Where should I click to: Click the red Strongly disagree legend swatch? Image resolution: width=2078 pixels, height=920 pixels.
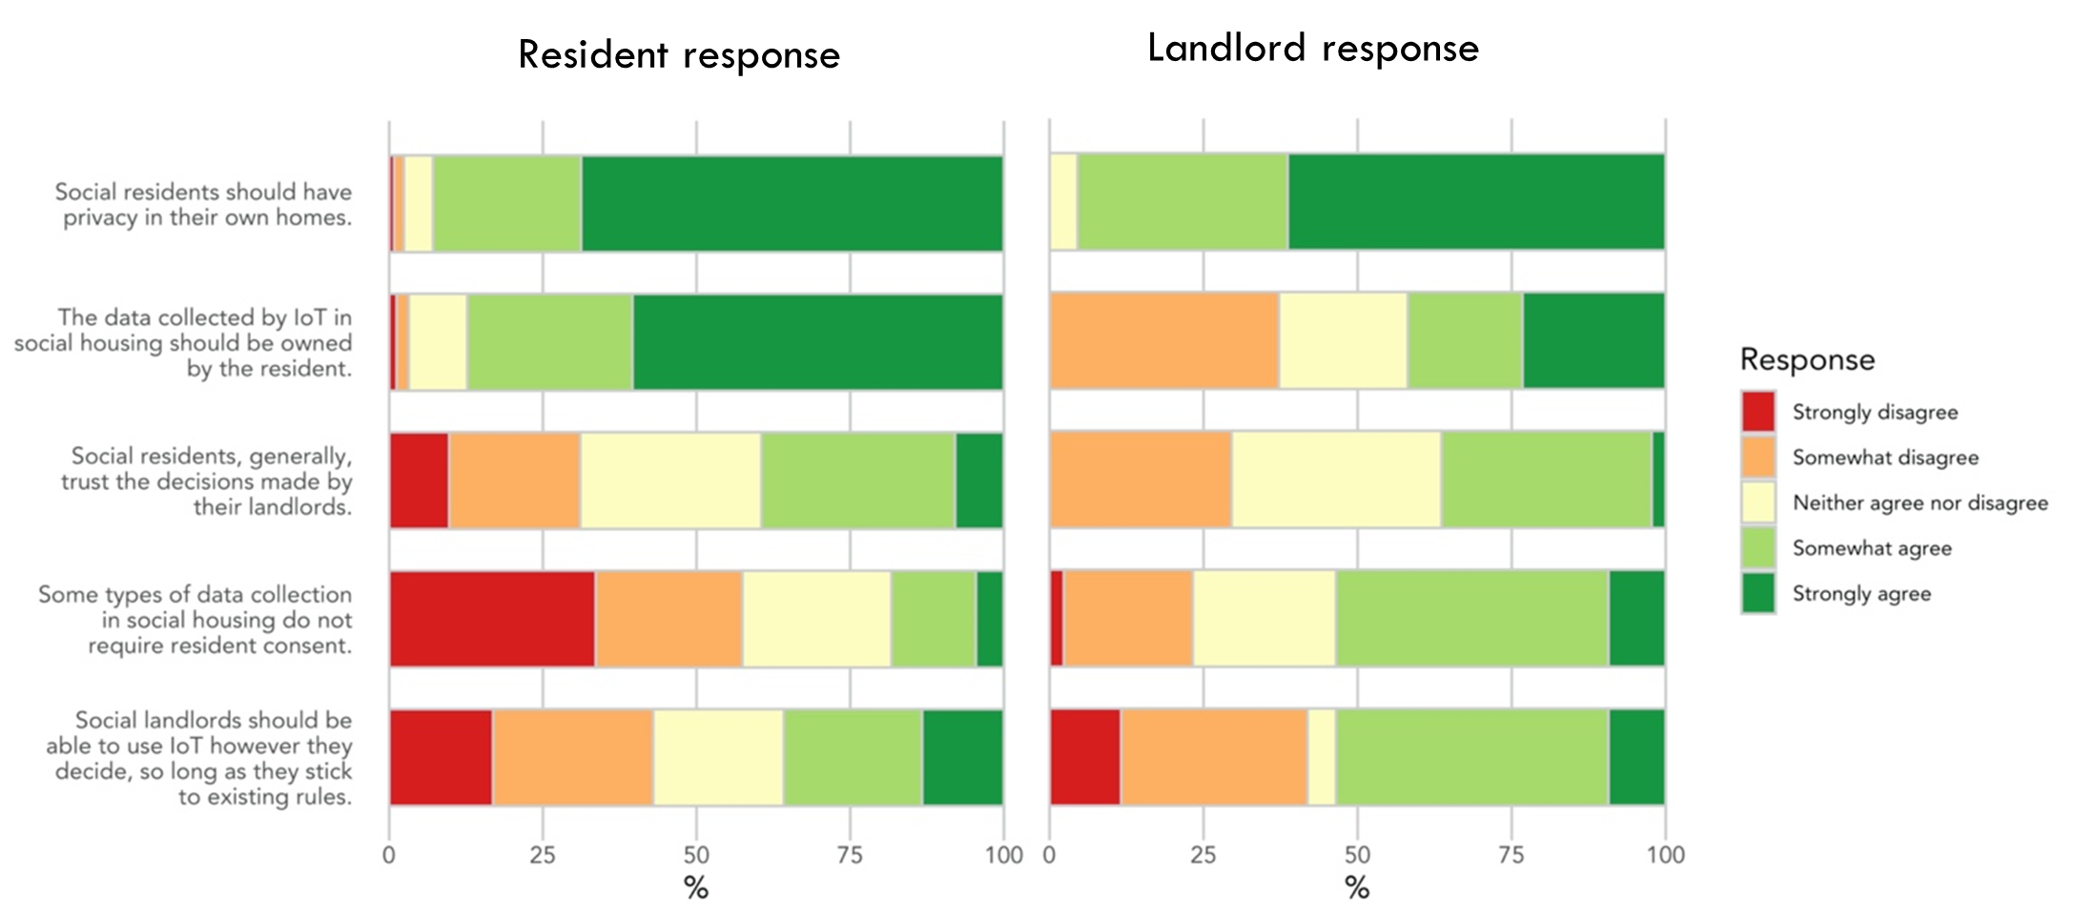click(1758, 412)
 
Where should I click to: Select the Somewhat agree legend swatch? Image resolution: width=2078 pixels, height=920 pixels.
click(1758, 548)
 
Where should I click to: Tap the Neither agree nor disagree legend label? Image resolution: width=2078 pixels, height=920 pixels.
click(1920, 503)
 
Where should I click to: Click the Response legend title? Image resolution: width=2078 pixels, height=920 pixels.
click(1806, 359)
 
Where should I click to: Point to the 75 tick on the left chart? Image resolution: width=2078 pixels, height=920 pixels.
click(850, 855)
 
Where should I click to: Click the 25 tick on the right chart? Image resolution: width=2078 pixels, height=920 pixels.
click(1204, 855)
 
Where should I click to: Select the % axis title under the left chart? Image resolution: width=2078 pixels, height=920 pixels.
click(696, 889)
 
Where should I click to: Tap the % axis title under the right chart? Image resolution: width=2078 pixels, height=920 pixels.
click(1357, 889)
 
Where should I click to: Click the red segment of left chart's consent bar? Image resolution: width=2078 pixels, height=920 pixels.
click(492, 619)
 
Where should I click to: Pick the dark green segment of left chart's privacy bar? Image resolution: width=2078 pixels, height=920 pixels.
click(792, 203)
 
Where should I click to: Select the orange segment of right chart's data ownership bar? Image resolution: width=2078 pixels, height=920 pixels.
click(1163, 341)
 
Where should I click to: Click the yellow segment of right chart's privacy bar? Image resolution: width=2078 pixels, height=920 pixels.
click(1063, 202)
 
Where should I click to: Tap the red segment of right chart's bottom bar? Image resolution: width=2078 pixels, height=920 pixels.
click(1085, 757)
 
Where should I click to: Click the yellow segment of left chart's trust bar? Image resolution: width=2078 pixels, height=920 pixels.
click(670, 480)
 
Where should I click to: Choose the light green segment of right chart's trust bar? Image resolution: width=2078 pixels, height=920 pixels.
click(1546, 480)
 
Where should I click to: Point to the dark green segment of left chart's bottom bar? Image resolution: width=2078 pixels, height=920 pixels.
click(962, 757)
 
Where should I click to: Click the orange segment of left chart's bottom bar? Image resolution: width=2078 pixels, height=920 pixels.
click(572, 757)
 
